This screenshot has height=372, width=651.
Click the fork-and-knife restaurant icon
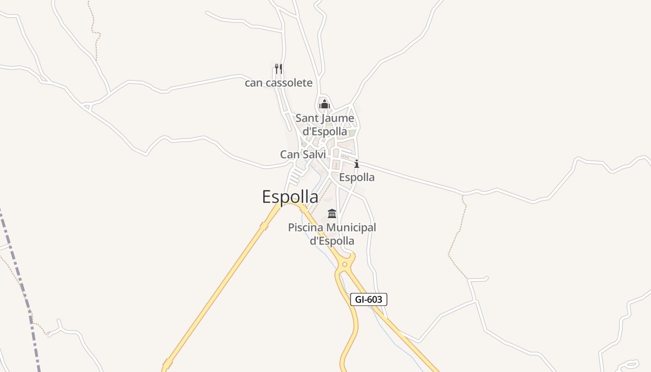pyautogui.click(x=279, y=69)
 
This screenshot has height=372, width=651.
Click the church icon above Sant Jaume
pyautogui.click(x=325, y=104)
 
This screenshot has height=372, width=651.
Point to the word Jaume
pyautogui.click(x=337, y=119)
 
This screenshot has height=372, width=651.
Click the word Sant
pyautogui.click(x=306, y=119)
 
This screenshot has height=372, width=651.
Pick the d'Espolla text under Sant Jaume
pyautogui.click(x=325, y=132)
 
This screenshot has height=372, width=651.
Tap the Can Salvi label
pyautogui.click(x=303, y=154)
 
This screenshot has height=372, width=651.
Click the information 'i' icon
pyautogui.click(x=357, y=164)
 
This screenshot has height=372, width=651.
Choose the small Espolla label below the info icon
pyautogui.click(x=357, y=177)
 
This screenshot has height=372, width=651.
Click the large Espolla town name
pyautogui.click(x=290, y=197)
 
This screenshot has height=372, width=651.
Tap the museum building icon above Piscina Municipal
pyautogui.click(x=332, y=214)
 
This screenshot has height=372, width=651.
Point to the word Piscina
pyautogui.click(x=306, y=228)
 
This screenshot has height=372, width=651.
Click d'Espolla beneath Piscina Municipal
pyautogui.click(x=332, y=241)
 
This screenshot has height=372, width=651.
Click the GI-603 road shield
pyautogui.click(x=368, y=299)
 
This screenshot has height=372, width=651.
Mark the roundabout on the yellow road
pyautogui.click(x=345, y=265)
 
